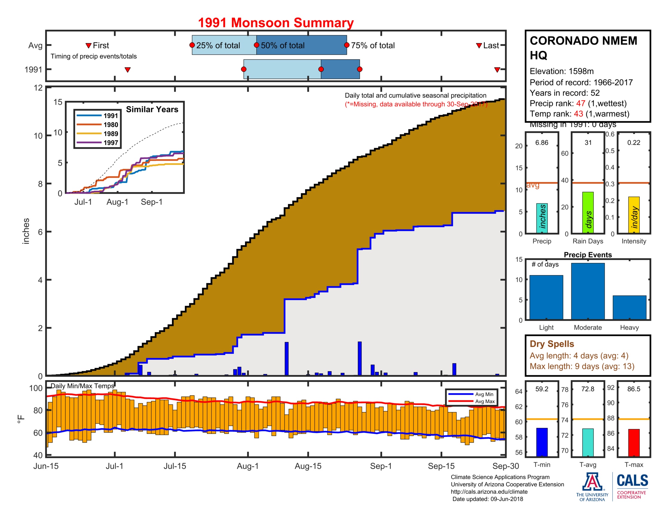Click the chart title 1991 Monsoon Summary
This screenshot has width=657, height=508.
276,23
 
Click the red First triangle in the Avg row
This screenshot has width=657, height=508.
88,46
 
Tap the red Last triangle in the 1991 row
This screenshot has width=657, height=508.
497,70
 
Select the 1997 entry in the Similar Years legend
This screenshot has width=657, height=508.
110,143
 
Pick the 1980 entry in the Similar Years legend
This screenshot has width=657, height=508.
110,125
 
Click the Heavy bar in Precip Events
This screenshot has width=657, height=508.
629,307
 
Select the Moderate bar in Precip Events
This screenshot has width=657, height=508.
587,291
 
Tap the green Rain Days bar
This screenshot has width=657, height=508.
587,212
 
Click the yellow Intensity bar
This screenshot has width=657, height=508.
633,215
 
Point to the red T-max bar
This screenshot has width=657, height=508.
633,442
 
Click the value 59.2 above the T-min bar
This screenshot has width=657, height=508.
541,389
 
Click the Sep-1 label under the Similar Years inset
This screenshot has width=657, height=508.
152,202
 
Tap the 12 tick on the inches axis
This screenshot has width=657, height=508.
38,88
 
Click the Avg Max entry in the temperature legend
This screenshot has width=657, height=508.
485,401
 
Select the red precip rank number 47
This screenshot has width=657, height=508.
580,103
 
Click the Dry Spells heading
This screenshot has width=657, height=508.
551,344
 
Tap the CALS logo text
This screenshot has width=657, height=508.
632,480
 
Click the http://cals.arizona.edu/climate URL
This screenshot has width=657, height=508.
489,492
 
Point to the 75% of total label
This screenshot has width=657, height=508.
372,45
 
